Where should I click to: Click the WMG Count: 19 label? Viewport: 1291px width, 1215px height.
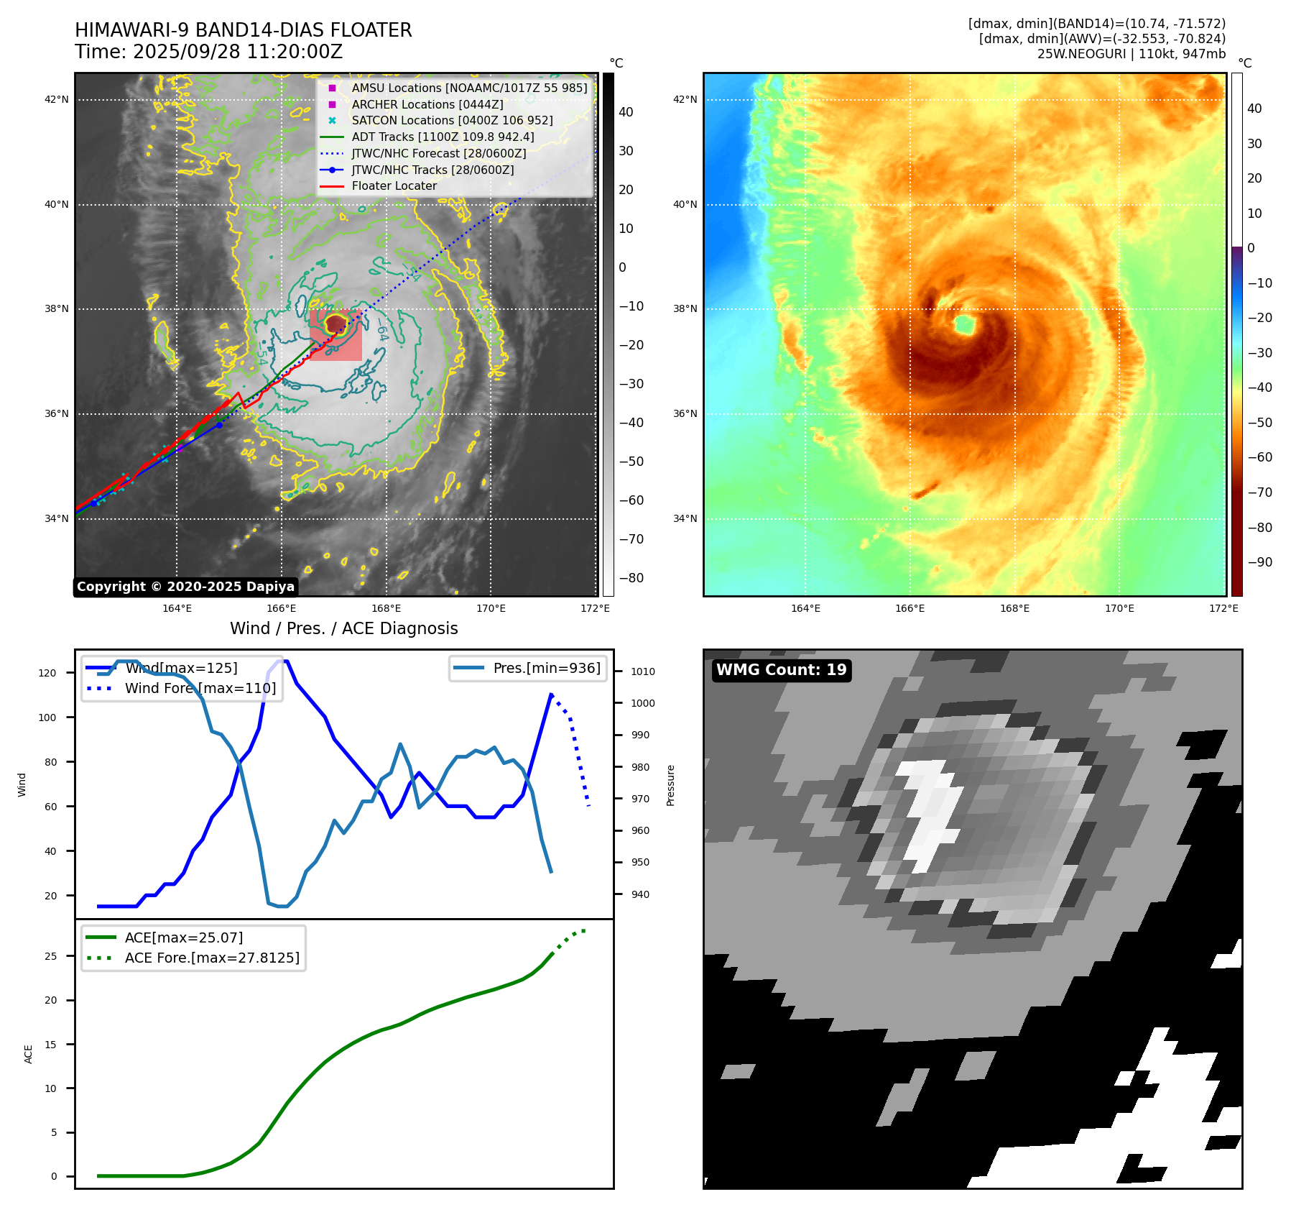click(781, 670)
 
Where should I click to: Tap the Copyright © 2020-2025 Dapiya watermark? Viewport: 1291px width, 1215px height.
click(185, 587)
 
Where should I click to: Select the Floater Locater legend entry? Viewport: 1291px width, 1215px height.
click(394, 186)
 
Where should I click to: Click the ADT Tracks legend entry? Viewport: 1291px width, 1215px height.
click(443, 137)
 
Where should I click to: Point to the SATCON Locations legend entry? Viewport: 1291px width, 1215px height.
click(452, 121)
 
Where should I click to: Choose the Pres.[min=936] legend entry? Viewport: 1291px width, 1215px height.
click(546, 668)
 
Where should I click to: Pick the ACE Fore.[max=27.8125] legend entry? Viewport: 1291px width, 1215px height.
click(212, 958)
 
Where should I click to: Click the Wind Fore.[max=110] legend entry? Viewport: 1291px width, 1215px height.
click(200, 688)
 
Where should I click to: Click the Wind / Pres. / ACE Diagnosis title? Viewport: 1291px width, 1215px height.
click(343, 628)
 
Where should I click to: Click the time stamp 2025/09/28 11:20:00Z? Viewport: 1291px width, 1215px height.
click(237, 52)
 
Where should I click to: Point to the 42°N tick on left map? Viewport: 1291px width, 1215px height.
click(57, 99)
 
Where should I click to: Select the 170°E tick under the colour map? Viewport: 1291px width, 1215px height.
click(1119, 608)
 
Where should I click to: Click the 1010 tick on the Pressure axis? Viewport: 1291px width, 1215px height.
click(643, 671)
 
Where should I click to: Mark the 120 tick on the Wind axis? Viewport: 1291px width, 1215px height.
click(47, 673)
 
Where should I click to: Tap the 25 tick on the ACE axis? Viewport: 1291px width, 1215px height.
click(51, 956)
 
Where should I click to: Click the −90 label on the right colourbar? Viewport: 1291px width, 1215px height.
click(1259, 562)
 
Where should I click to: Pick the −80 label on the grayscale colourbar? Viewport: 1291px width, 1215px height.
click(631, 578)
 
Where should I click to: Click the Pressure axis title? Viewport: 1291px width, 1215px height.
click(670, 785)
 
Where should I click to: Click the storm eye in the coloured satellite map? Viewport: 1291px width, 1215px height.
click(964, 324)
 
